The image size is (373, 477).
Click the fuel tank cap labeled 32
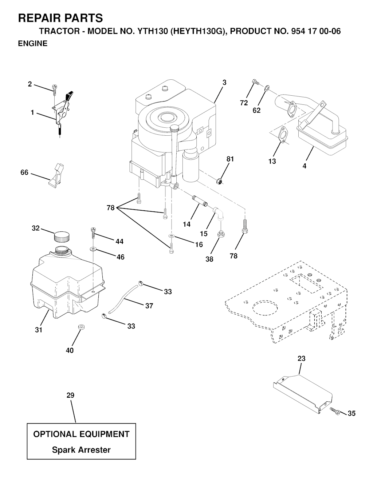62,236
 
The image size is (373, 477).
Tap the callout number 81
230,159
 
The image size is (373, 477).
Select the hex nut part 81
219,181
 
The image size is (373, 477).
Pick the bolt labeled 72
255,82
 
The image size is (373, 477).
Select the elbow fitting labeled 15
218,214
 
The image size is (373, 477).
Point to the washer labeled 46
93,249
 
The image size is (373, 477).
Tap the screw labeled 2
54,90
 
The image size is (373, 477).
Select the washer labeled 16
171,236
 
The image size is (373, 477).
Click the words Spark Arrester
81,450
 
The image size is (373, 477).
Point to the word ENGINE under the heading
33,43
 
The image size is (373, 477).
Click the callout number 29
70,395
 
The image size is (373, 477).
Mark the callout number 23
301,358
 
